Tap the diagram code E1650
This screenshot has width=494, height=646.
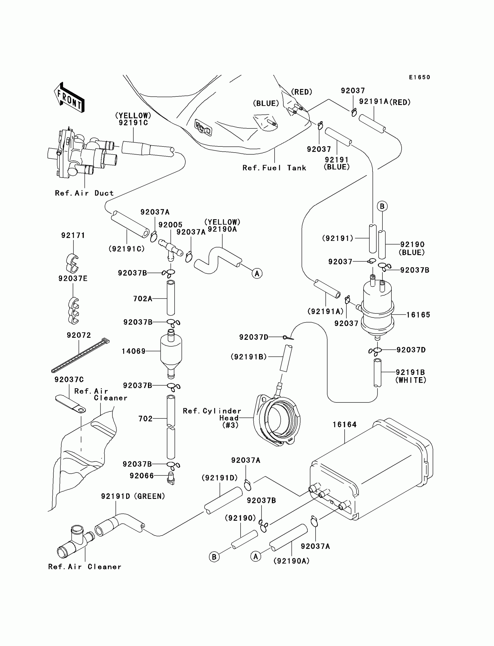(x=420, y=77)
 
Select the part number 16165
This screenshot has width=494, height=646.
(x=418, y=315)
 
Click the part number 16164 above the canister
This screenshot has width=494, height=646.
(x=345, y=425)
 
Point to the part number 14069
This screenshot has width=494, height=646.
(x=134, y=351)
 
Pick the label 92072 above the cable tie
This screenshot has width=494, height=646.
(x=79, y=335)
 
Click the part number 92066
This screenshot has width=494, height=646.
(x=142, y=476)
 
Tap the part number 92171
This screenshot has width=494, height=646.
(x=73, y=235)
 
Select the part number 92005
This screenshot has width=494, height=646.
(x=171, y=225)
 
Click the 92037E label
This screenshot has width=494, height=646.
(x=73, y=278)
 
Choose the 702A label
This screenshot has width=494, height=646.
(x=143, y=299)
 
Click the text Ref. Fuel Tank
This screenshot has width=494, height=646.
(x=274, y=168)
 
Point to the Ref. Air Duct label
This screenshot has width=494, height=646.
(x=84, y=193)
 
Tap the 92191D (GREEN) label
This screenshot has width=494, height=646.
(x=133, y=496)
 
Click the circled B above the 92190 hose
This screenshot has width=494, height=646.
(x=382, y=206)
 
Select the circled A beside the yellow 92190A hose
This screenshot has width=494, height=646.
(x=257, y=273)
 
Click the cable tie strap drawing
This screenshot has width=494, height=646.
(x=80, y=356)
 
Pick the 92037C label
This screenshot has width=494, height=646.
(x=69, y=380)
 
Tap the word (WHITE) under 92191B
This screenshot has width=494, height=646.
(x=411, y=380)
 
